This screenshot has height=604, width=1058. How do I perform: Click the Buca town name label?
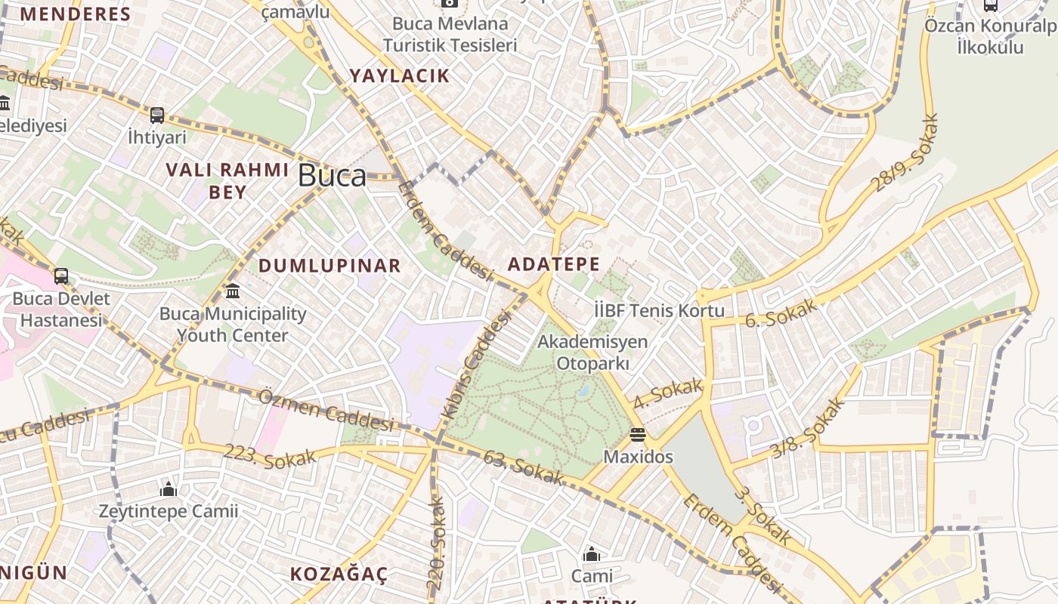pyautogui.click(x=332, y=175)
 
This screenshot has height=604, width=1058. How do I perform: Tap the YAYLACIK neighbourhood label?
pyautogui.click(x=399, y=75)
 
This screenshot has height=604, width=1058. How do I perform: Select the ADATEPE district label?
pyautogui.click(x=554, y=264)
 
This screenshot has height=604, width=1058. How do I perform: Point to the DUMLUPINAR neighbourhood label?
pyautogui.click(x=329, y=266)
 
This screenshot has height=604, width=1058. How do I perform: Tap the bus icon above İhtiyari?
pyautogui.click(x=157, y=116)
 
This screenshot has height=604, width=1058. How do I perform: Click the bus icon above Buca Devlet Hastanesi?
pyautogui.click(x=61, y=276)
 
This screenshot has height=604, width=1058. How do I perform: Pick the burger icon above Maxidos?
pyautogui.click(x=638, y=435)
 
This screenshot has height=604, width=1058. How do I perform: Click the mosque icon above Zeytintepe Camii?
pyautogui.click(x=169, y=490)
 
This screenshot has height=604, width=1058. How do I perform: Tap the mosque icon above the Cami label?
pyautogui.click(x=592, y=555)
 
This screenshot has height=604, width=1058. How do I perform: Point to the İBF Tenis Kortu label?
pyautogui.click(x=659, y=310)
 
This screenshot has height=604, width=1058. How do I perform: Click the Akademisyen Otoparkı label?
pyautogui.click(x=592, y=352)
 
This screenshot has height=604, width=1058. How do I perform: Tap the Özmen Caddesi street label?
pyautogui.click(x=326, y=410)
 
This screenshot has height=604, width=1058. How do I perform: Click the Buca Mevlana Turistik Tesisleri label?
pyautogui.click(x=450, y=34)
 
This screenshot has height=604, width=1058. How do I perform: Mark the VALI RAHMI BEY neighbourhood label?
pyautogui.click(x=227, y=180)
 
